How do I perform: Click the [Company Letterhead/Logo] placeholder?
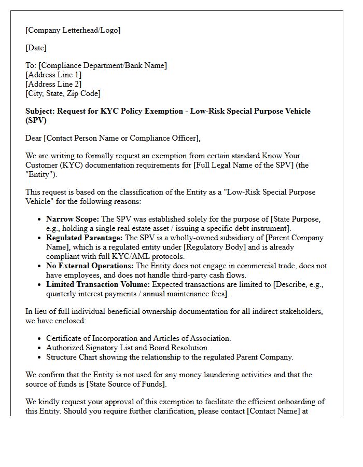click(73, 30)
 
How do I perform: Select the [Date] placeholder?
click(36, 48)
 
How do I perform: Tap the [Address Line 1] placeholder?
click(53, 75)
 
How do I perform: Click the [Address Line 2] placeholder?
click(53, 84)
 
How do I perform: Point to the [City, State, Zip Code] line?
click(63, 93)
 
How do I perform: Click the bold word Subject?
click(40, 111)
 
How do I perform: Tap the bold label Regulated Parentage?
click(83, 238)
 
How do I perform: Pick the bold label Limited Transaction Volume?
click(98, 284)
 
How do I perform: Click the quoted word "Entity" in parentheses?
click(39, 174)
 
